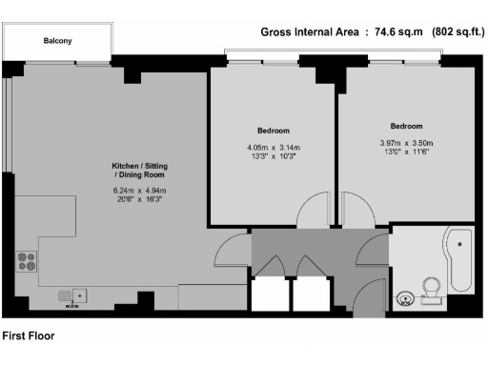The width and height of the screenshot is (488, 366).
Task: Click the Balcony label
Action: pos(57,41)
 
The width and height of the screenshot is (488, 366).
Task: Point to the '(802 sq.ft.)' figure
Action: pos(452,32)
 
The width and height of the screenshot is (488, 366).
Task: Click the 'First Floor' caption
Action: pos(29,335)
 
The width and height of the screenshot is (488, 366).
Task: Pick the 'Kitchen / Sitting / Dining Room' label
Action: pos(138,172)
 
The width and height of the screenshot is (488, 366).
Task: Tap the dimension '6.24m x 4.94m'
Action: pos(138,190)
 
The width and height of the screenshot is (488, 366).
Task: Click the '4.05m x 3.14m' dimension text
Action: pos(273,148)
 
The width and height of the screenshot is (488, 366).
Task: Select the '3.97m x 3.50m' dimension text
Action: pos(406,144)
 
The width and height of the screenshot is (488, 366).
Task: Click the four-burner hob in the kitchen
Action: pos(25,261)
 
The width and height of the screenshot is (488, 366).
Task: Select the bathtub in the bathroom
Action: pos(461,260)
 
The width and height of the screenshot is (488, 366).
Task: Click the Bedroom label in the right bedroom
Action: pos(406,126)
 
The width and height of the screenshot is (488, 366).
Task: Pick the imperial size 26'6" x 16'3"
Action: pos(138,200)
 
